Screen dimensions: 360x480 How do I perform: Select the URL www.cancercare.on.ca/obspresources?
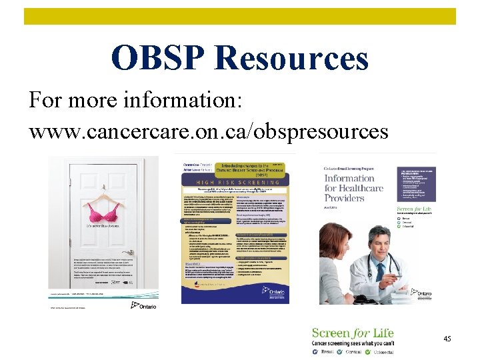click(208, 131)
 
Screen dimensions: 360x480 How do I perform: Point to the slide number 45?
click(447, 339)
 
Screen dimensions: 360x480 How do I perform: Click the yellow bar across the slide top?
click(240, 16)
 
